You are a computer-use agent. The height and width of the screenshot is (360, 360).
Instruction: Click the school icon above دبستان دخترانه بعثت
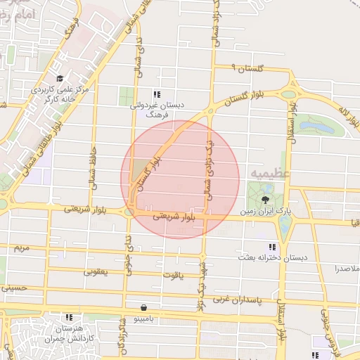point(271,247)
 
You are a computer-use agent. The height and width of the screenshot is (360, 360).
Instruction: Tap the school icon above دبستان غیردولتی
point(157,94)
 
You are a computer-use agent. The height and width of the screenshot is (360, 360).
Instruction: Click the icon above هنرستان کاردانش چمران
point(68,317)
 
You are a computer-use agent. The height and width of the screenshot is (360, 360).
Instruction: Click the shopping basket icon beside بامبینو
point(144,307)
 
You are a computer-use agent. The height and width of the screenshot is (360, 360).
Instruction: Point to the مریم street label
point(22,248)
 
